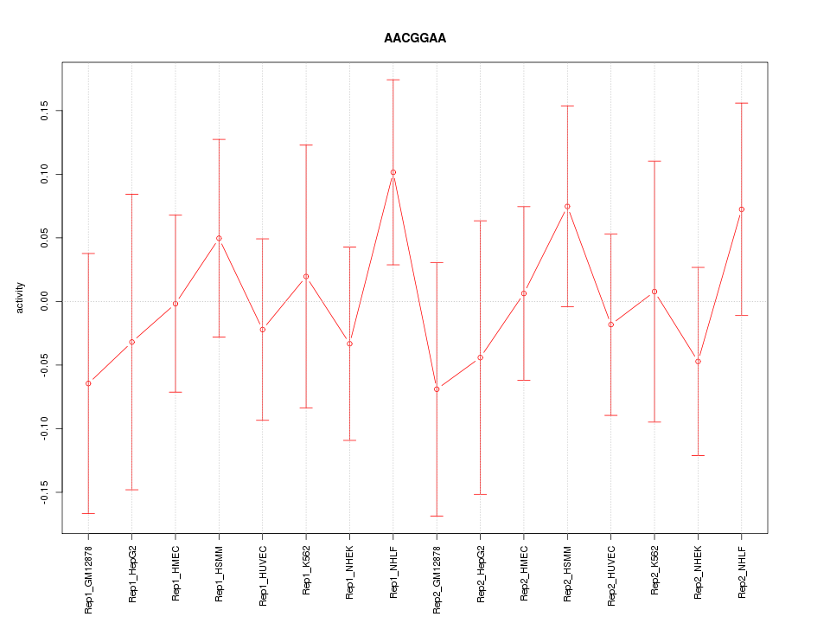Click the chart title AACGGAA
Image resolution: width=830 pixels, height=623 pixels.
click(415, 39)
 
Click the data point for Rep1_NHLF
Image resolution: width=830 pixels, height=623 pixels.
click(393, 172)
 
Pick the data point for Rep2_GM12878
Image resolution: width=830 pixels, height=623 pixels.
click(437, 389)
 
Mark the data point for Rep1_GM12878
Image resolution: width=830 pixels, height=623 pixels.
click(88, 383)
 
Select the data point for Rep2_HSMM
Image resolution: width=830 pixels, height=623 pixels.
click(567, 206)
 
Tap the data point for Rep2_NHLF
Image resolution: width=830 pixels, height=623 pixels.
click(742, 209)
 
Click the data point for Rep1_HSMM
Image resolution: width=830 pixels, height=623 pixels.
click(219, 238)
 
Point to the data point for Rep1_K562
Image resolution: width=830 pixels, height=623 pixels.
click(306, 276)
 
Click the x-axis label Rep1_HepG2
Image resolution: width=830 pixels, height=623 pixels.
click(132, 572)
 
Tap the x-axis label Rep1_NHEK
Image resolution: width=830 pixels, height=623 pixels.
click(350, 572)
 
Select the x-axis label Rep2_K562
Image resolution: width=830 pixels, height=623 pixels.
click(654, 570)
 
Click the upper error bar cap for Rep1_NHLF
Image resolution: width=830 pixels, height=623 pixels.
click(393, 80)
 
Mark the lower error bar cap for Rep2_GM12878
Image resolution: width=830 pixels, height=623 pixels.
click(437, 516)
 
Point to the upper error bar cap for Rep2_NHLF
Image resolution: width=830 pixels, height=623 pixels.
click(742, 103)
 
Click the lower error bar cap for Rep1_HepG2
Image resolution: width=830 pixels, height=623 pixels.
click(132, 490)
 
